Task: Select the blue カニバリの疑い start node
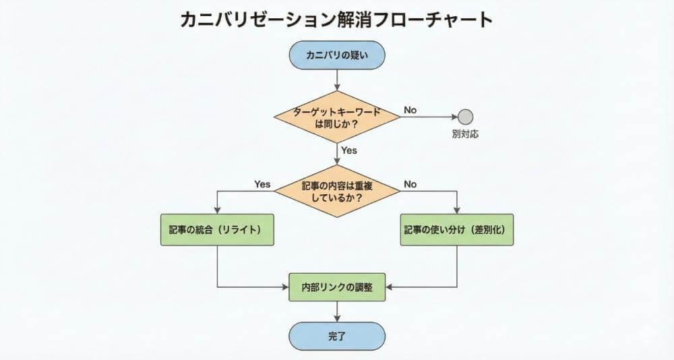(336, 55)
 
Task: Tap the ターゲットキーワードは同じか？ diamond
(336, 117)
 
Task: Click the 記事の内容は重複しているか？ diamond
(336, 191)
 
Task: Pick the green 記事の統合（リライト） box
(217, 230)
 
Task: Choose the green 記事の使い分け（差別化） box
(458, 230)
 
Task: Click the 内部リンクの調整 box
(336, 287)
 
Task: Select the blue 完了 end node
(336, 336)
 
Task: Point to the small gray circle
(465, 117)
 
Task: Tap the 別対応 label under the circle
(465, 134)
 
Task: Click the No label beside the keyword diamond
(410, 109)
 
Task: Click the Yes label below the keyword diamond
(349, 150)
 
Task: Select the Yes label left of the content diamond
(262, 183)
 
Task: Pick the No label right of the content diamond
(410, 183)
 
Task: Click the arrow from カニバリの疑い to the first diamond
(336, 80)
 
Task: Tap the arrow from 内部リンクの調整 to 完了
(336, 311)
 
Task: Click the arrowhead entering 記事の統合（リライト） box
(217, 211)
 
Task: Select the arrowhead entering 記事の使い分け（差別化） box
(458, 211)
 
